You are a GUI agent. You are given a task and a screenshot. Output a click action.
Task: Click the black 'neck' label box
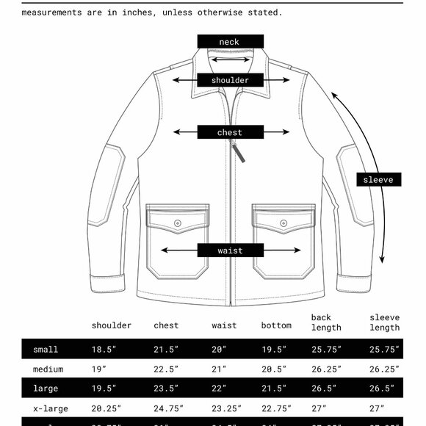230,42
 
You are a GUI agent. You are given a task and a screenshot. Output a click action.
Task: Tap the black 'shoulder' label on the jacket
230,80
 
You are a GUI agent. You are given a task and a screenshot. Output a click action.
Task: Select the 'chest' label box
230,133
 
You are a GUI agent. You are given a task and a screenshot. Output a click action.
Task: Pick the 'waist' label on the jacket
230,250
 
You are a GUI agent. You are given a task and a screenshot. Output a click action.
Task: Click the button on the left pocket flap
178,223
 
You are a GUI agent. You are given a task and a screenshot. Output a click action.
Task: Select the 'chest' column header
166,325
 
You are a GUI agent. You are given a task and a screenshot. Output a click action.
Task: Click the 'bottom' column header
276,325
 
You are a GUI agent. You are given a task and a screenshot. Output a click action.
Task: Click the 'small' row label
46,350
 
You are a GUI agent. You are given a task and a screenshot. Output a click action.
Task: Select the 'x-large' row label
48,408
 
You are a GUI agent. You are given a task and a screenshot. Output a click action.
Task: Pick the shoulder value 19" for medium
99,369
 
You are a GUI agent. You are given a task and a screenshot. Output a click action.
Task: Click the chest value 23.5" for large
167,389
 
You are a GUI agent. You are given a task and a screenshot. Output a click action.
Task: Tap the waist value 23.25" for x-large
227,408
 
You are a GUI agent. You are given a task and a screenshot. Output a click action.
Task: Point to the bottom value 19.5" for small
274,350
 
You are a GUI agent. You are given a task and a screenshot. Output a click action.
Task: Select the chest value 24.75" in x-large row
168,408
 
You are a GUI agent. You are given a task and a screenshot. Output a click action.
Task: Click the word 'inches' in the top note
119,12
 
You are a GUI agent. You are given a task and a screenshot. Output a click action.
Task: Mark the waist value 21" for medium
220,369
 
